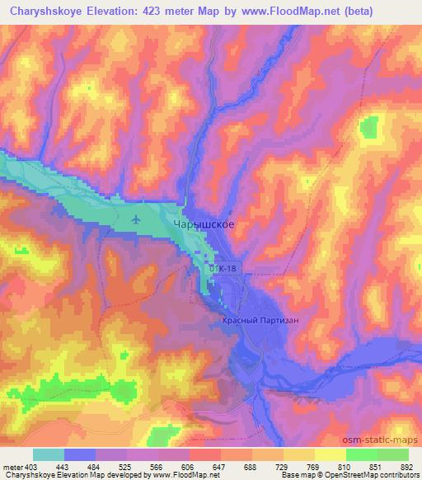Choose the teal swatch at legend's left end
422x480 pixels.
pos(49,455)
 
